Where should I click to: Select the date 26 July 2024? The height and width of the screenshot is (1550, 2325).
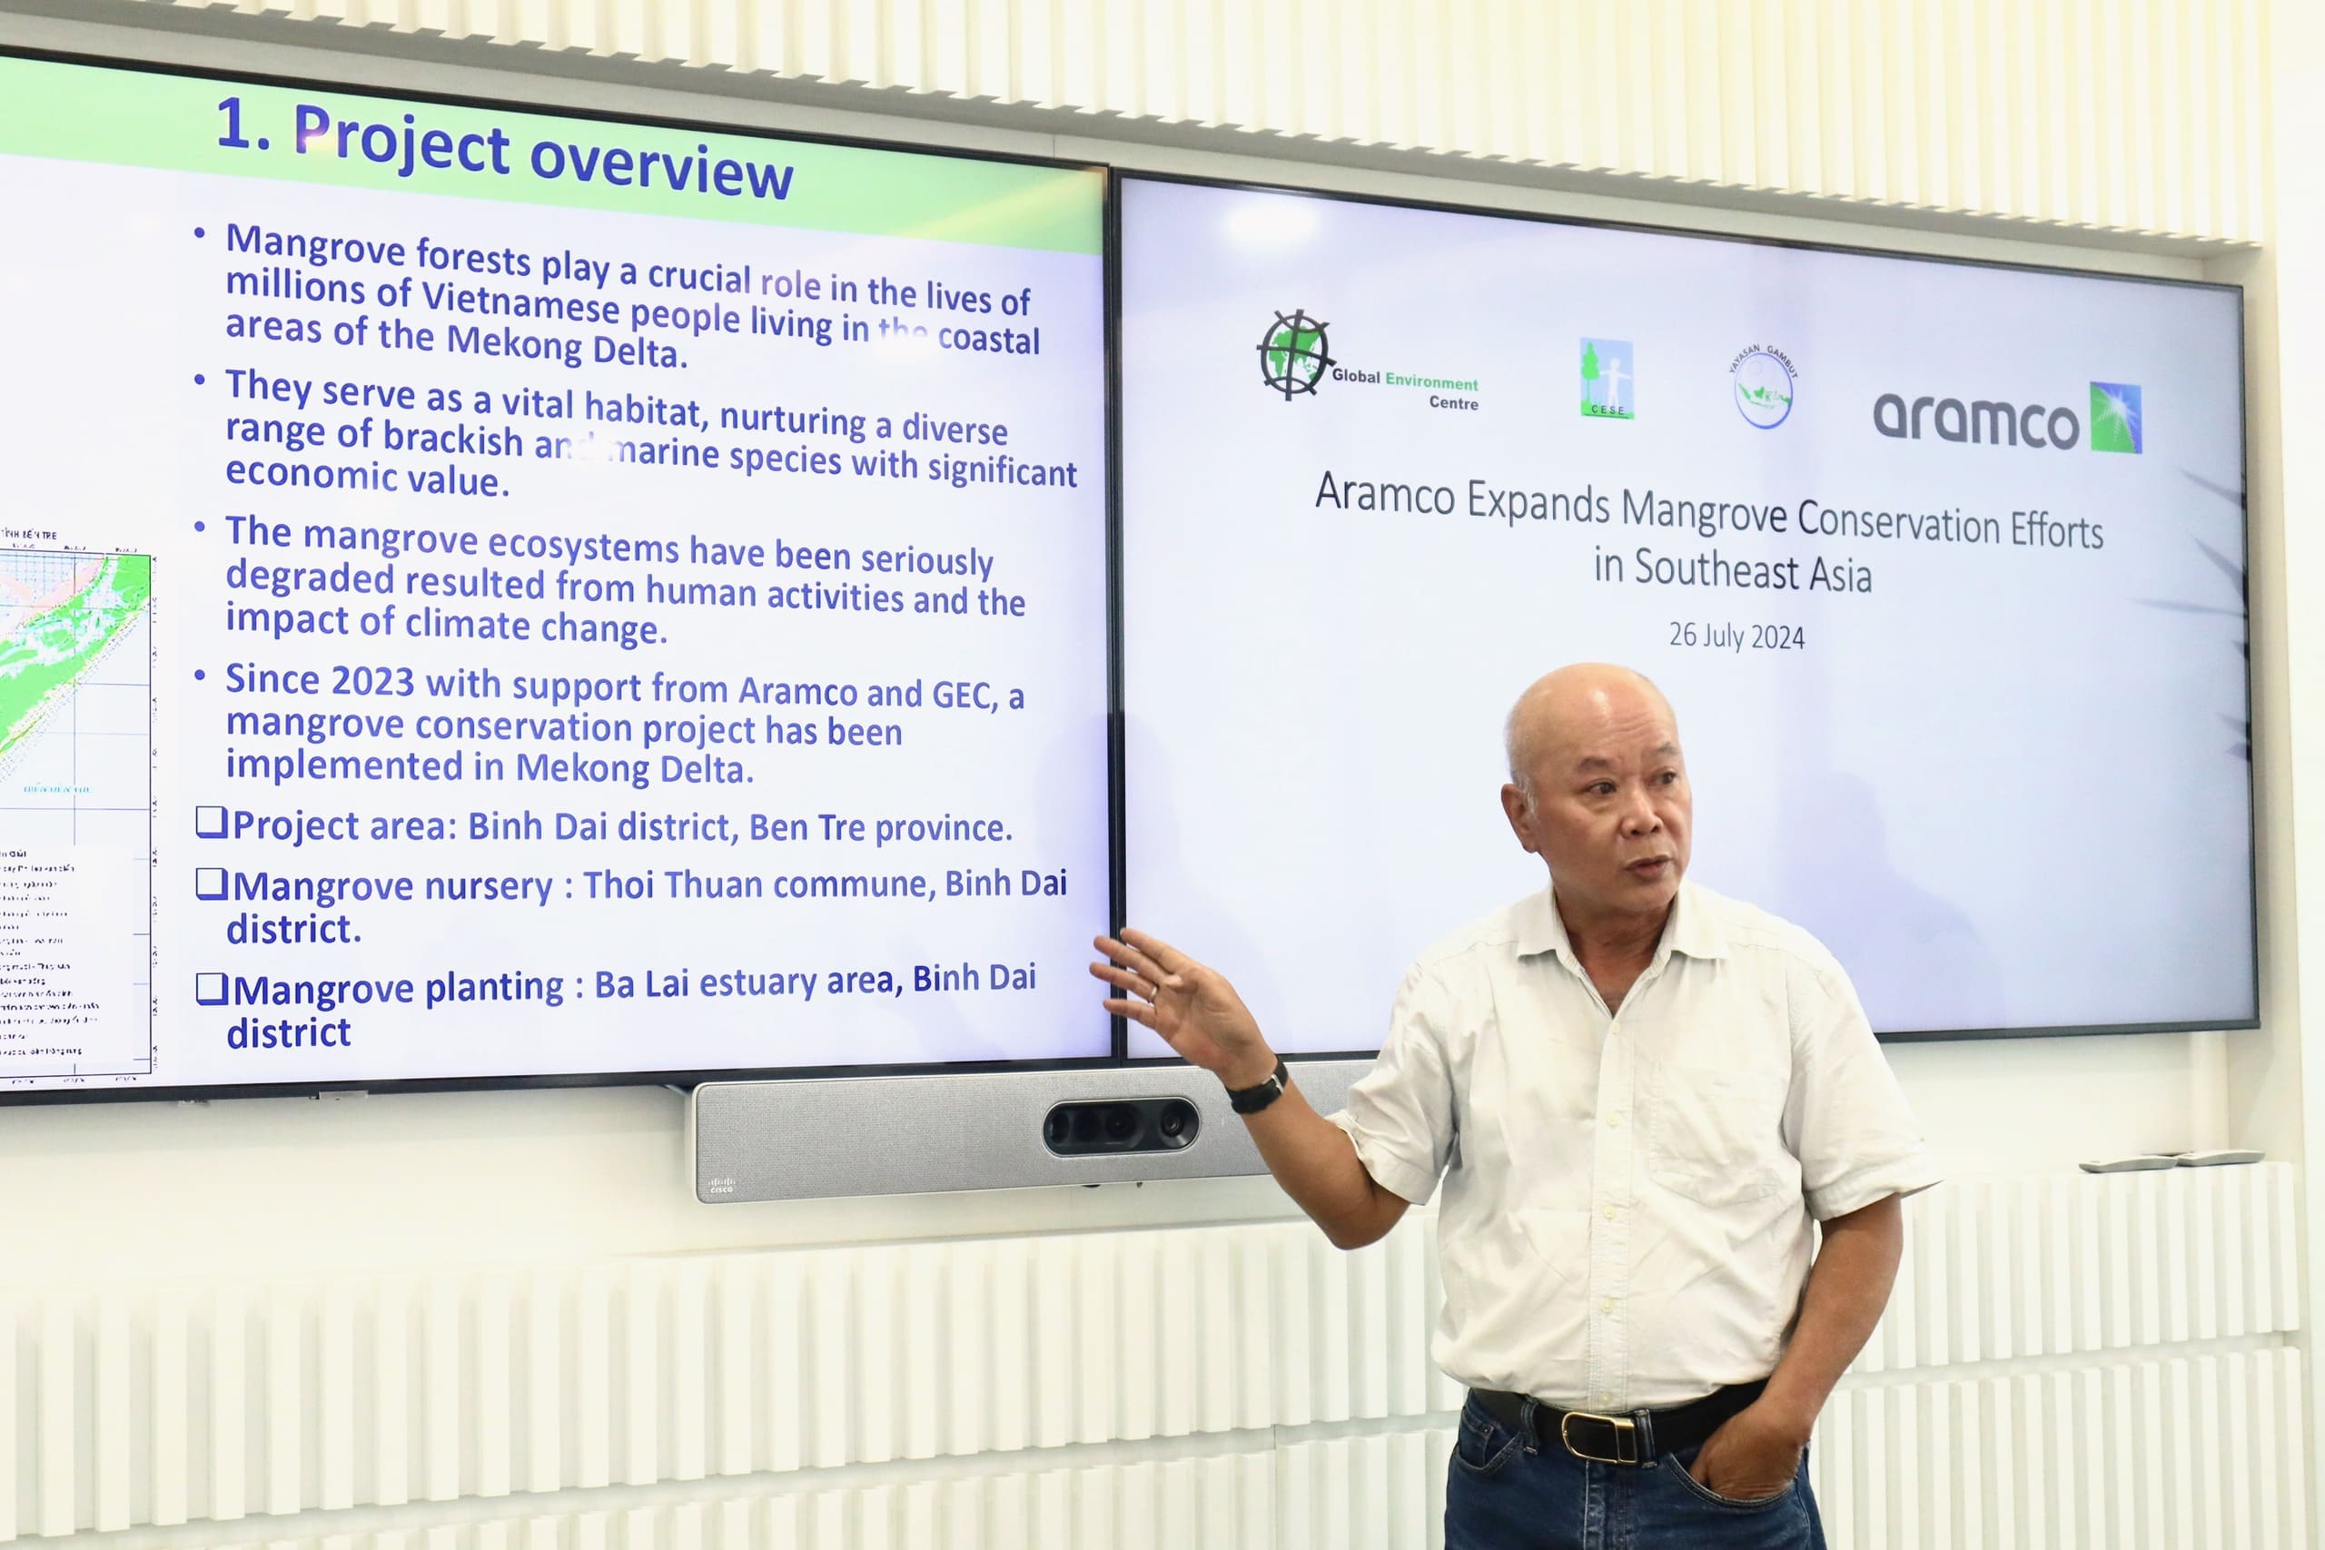(1736, 636)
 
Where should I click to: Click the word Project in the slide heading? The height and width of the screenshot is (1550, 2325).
(402, 143)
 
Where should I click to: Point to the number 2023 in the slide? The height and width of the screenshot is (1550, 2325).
(372, 681)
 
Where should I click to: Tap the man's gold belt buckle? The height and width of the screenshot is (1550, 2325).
(1598, 1436)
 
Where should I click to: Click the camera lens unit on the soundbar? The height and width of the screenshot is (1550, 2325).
(1120, 1126)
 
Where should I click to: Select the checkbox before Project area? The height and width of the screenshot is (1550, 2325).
(212, 823)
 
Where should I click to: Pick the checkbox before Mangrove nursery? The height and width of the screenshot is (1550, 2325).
(212, 883)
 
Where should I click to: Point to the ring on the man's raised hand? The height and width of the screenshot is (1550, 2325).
(1153, 992)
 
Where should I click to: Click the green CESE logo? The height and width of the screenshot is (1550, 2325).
(1606, 379)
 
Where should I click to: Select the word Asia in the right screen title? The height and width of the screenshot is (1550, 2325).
(1840, 576)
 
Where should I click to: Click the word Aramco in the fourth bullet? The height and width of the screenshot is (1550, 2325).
(797, 690)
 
